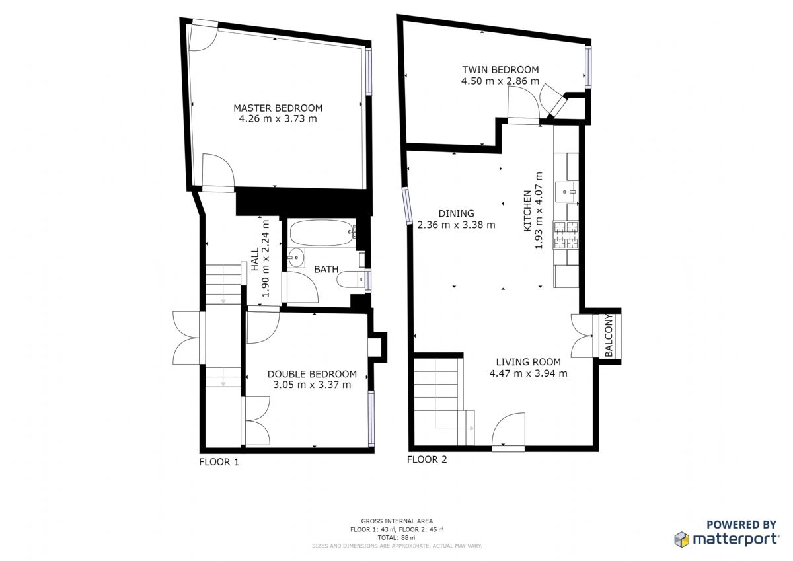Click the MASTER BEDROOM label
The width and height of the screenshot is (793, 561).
(278, 108)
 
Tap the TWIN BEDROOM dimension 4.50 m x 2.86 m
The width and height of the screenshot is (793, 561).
(500, 81)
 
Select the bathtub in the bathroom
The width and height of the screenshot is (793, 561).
(322, 233)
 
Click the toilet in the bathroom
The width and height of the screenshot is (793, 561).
(351, 280)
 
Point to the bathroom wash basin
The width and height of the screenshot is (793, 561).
(296, 258)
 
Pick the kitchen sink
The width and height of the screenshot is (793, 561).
(566, 192)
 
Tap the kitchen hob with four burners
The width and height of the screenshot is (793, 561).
(566, 235)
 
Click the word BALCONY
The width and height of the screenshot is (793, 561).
(609, 335)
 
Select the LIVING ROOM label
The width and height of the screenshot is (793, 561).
(528, 362)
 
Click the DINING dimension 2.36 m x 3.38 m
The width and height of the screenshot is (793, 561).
(457, 225)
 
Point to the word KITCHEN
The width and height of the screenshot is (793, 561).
(527, 211)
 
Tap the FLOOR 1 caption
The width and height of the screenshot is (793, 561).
(219, 462)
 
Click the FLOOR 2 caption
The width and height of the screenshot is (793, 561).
(427, 459)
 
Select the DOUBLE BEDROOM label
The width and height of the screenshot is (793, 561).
(312, 374)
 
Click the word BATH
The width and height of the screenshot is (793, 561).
(326, 270)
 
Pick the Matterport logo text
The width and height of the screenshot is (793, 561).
(736, 539)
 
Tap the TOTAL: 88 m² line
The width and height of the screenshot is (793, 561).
(397, 538)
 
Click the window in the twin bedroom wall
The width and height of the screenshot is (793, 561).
(588, 67)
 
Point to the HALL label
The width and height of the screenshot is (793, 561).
(255, 260)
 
